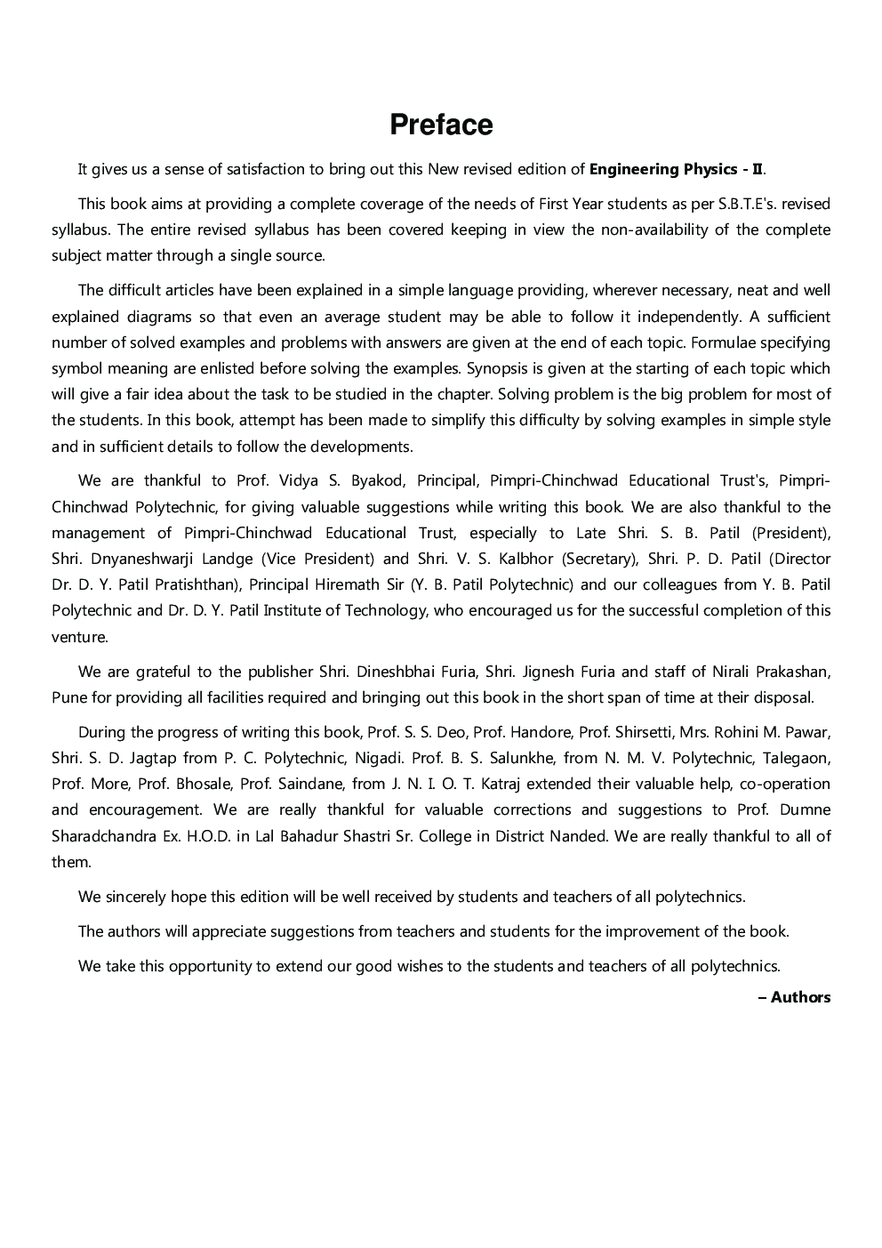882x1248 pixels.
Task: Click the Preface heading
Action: click(441, 125)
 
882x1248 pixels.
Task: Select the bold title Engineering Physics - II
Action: click(676, 169)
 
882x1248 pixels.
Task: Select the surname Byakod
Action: click(378, 481)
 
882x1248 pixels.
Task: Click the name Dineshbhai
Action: click(396, 672)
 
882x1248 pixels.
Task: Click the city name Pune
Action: click(68, 697)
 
